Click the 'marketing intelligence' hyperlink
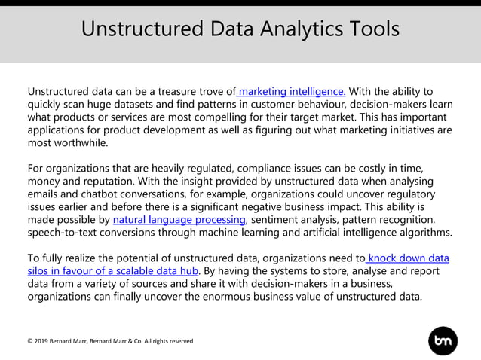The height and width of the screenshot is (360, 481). pyautogui.click(x=292, y=92)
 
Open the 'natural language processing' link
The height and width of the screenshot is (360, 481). pyautogui.click(x=179, y=220)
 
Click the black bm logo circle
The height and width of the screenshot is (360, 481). pyautogui.click(x=443, y=340)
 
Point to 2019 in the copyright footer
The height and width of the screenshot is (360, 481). pyautogui.click(x=42, y=341)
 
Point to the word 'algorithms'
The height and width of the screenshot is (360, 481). pyautogui.click(x=424, y=233)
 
